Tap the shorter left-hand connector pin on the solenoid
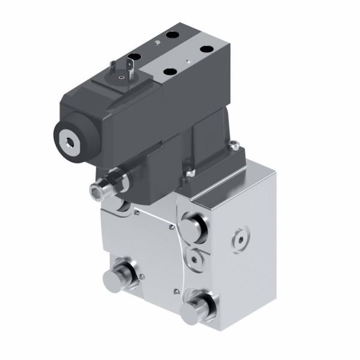[x=112, y=68]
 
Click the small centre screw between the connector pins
[x=122, y=77]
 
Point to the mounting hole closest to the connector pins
[x=134, y=56]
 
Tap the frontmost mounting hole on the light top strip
[x=170, y=72]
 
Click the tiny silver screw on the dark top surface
[x=157, y=43]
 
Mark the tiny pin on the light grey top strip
[x=188, y=61]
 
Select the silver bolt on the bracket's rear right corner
[x=236, y=143]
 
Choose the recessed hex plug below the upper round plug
[x=194, y=257]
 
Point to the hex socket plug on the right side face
[x=241, y=237]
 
